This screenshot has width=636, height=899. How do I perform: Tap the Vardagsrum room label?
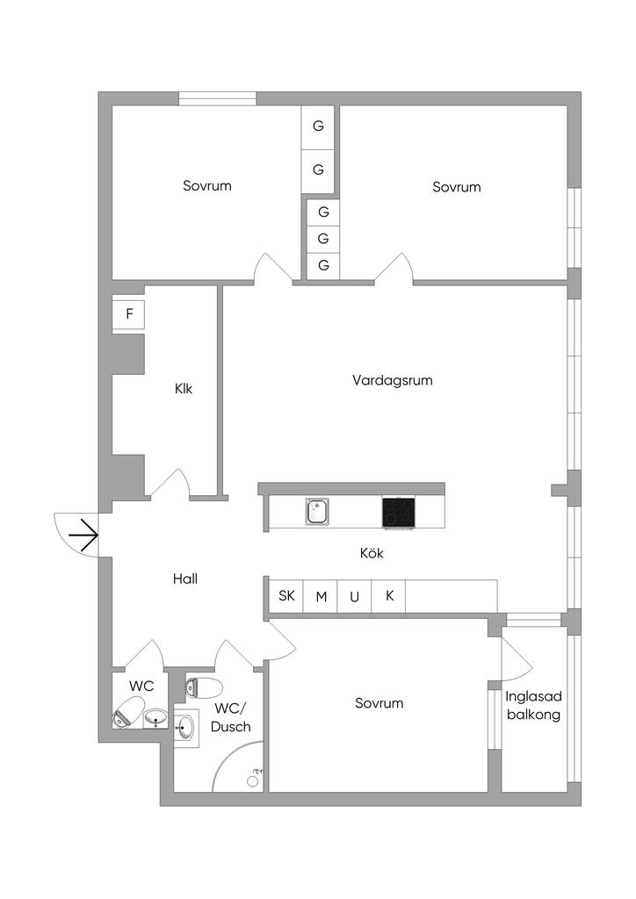pyautogui.click(x=393, y=381)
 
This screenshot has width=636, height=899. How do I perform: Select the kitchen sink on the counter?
pyautogui.click(x=317, y=511)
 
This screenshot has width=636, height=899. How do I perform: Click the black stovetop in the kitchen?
pyautogui.click(x=398, y=512)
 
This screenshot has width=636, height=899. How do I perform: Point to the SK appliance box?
pyautogui.click(x=286, y=596)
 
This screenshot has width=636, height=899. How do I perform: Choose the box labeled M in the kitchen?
pyautogui.click(x=322, y=597)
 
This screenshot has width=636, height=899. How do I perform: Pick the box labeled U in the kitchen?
pyautogui.click(x=355, y=597)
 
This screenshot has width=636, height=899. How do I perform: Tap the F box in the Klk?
pyautogui.click(x=129, y=314)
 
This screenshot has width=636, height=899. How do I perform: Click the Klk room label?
pyautogui.click(x=184, y=389)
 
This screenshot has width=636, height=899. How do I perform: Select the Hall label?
pyautogui.click(x=185, y=579)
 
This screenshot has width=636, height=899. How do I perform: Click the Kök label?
pyautogui.click(x=372, y=554)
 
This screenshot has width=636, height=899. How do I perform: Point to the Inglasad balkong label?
pyautogui.click(x=532, y=705)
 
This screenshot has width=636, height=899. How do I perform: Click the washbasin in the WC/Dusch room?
pyautogui.click(x=185, y=727)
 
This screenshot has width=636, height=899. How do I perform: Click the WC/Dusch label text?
pyautogui.click(x=233, y=717)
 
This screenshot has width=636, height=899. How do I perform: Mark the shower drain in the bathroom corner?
pyautogui.click(x=253, y=780)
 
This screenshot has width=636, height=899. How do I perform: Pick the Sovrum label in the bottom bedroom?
pyautogui.click(x=379, y=703)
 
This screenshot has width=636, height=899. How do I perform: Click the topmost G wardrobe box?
pyautogui.click(x=318, y=126)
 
